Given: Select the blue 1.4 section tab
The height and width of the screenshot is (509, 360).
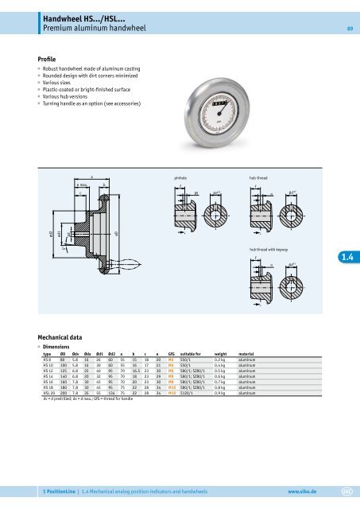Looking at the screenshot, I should point(347,255).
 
